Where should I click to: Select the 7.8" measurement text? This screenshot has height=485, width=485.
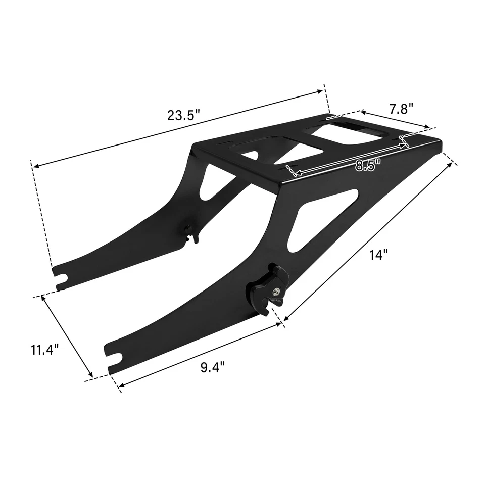pos(401,109)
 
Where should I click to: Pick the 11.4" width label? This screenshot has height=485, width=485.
pos(44,349)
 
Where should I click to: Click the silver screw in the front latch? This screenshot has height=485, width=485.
pos(277,290)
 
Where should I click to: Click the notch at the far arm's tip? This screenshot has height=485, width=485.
pos(63,277)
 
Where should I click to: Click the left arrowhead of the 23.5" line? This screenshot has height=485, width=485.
pos(34,165)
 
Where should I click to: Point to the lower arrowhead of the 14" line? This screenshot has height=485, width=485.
pos(286,318)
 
